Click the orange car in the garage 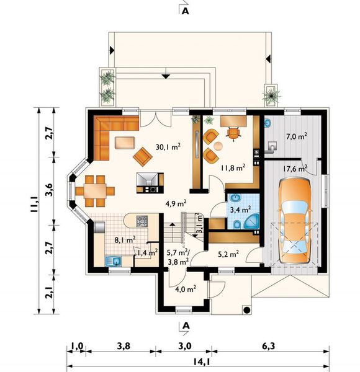pyautogui.click(x=295, y=221)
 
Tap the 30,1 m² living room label pyautogui.click(x=168, y=147)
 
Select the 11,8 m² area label pyautogui.click(x=233, y=168)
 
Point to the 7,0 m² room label pyautogui.click(x=297, y=136)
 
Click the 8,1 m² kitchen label pyautogui.click(x=125, y=239)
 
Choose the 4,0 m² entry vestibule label pyautogui.click(x=186, y=289)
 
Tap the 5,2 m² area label pyautogui.click(x=228, y=254)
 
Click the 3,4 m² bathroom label pyautogui.click(x=241, y=210)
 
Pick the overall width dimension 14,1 pyautogui.click(x=201, y=362)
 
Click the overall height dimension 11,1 pyautogui.click(x=35, y=204)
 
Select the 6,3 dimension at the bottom pyautogui.click(x=269, y=346)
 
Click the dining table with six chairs pyautogui.click(x=95, y=191)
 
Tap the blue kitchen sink pyautogui.click(x=113, y=261)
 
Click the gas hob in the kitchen pyautogui.click(x=142, y=221)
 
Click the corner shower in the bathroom pyautogui.click(x=251, y=221)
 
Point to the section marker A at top pyautogui.click(x=185, y=11)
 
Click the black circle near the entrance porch pyautogui.click(x=247, y=310)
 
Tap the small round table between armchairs pyautogui.click(x=218, y=146)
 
